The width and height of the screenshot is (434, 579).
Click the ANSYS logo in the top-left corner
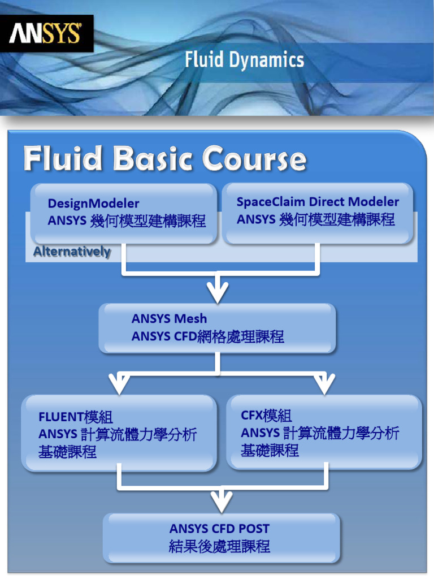coord(46,33)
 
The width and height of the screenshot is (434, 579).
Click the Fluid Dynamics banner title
coord(244,60)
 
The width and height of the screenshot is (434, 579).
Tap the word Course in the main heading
coord(254,159)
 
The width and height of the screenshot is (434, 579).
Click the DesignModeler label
coord(93,204)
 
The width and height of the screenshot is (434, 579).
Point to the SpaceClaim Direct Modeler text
coord(318,202)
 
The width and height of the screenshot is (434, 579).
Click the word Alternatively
coord(72,252)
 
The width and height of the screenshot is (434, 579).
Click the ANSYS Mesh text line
coord(169,319)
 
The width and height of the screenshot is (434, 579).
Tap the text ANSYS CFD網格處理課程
coord(207,337)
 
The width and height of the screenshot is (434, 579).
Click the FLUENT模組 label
coord(76,417)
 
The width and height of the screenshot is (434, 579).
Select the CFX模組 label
coord(266,416)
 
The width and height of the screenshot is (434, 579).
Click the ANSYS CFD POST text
coord(219,529)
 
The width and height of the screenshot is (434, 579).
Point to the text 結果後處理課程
coord(219,547)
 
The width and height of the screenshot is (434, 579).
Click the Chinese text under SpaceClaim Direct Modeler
coord(315,219)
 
